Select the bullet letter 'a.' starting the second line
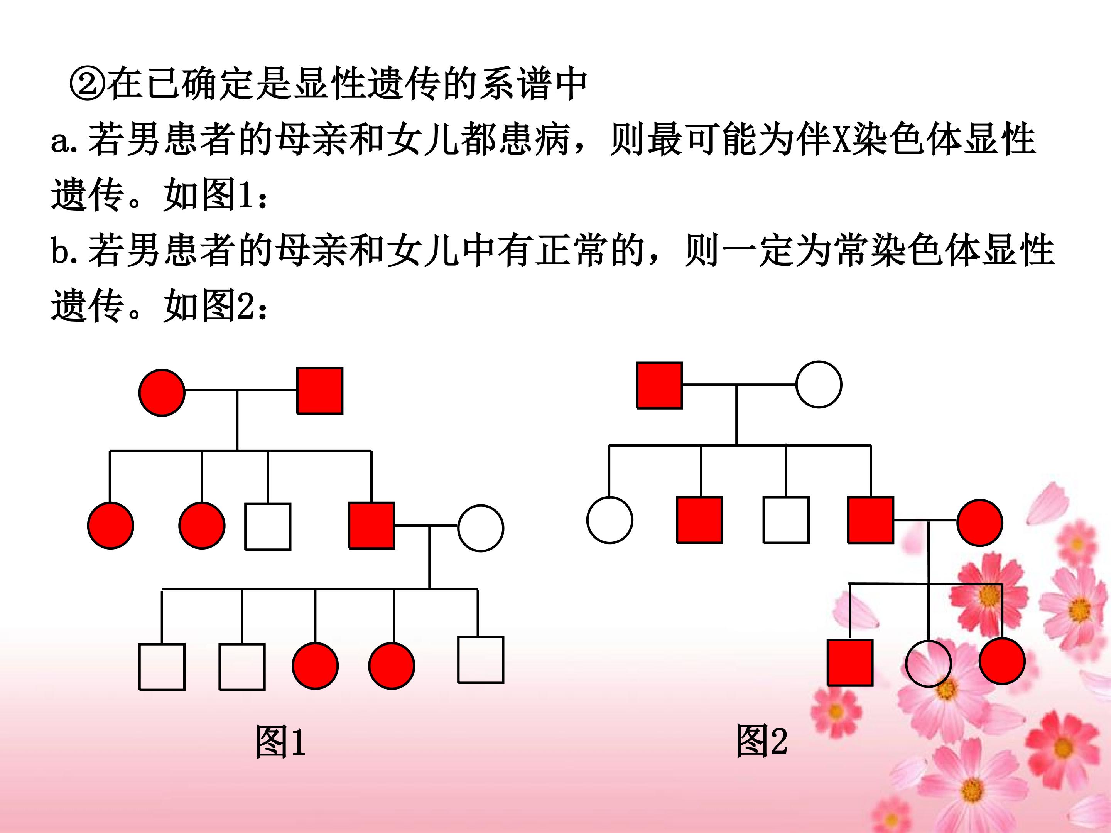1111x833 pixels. click(65, 141)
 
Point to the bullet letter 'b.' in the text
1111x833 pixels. click(65, 251)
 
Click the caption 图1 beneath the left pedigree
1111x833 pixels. click(280, 742)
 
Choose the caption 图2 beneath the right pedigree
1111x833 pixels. click(761, 740)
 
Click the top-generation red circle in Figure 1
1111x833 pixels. click(162, 393)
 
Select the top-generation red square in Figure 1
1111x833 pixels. click(320, 391)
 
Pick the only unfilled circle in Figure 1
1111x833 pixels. click(481, 528)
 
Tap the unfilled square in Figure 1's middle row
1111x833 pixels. click(268, 527)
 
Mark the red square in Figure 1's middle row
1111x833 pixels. click(371, 525)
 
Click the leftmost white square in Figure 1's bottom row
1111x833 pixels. click(162, 667)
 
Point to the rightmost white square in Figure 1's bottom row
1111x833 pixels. click(481, 660)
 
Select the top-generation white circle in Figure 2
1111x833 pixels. click(819, 384)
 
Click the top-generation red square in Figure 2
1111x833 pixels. click(660, 385)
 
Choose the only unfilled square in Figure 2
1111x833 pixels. click(786, 520)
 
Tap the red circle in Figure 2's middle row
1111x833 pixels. click(980, 523)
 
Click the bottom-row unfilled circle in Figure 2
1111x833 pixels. click(928, 664)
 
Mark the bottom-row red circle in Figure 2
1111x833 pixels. click(1002, 661)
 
